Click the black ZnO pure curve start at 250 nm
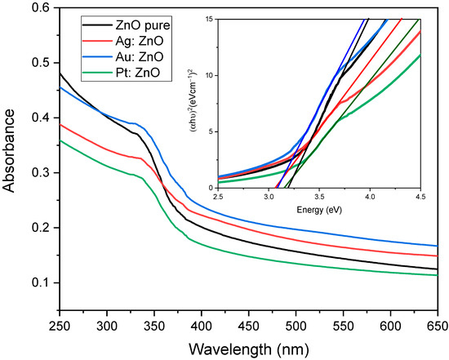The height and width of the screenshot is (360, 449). click(x=60, y=73)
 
